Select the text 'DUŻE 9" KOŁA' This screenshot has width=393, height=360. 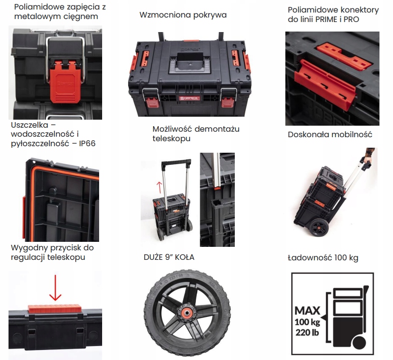click(169, 257)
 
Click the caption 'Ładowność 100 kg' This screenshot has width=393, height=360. click(323, 258)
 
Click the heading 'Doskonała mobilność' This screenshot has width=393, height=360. click(330, 134)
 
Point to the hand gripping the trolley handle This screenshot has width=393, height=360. click(368, 156)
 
